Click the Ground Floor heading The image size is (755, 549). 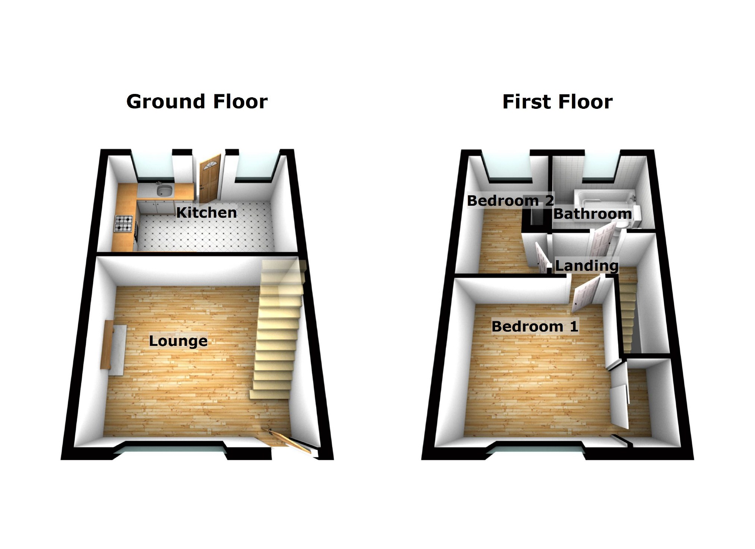(197, 102)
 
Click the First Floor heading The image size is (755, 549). (557, 102)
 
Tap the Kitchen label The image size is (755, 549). (206, 212)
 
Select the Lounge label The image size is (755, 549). (178, 341)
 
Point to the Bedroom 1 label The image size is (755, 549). (535, 326)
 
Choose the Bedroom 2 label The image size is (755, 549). (510, 201)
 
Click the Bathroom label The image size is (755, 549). (592, 214)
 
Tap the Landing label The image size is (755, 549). (586, 266)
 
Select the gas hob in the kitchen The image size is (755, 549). (124, 223)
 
